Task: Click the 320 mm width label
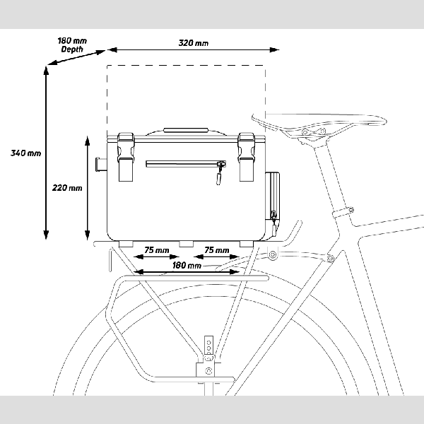194,43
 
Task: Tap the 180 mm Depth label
71,45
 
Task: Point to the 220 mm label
68,188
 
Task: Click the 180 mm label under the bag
187,266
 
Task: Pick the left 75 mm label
156,250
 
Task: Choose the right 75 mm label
216,250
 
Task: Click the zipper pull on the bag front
220,171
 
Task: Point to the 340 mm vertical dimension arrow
47,153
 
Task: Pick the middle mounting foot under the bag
186,244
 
